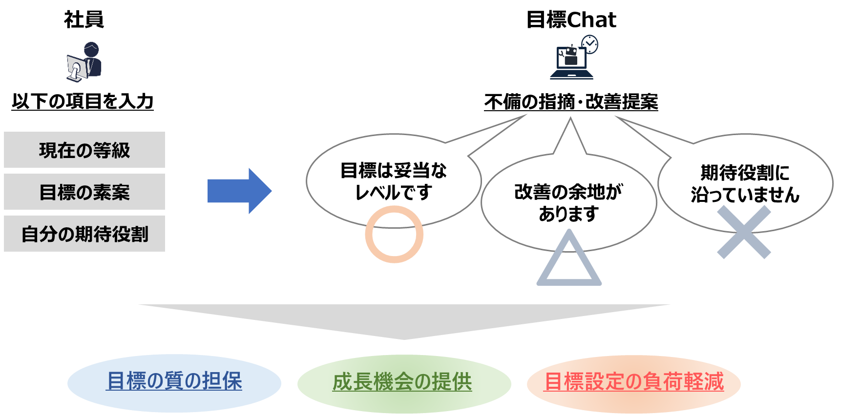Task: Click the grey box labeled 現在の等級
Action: point(84,150)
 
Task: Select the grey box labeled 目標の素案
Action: point(84,192)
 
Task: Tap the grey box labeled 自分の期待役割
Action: point(84,234)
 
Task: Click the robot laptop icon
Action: point(571,61)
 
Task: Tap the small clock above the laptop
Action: point(590,44)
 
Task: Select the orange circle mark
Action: point(394,235)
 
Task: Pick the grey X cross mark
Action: point(744,232)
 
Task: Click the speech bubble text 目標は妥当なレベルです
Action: point(394,181)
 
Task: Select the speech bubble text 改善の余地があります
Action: point(568,202)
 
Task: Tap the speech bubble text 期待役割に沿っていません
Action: point(745,183)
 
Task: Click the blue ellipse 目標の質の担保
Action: point(174,382)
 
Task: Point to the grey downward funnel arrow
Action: point(404,319)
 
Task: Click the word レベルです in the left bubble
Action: point(394,193)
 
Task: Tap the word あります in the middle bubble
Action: point(568,214)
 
